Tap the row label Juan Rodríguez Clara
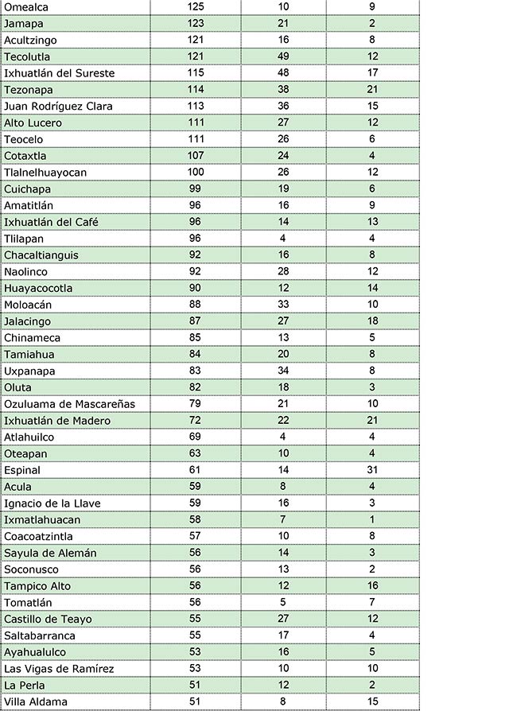58,106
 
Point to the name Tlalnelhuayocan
45,172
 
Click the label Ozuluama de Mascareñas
69,404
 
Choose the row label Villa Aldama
36,701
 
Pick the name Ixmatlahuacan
42,520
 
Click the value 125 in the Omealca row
196,6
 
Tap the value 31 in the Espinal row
372,470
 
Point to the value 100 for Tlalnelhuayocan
196,172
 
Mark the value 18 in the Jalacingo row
372,321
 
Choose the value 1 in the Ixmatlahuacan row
372,520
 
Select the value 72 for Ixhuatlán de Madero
196,421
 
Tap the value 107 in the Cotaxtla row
196,156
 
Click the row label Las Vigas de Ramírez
59,669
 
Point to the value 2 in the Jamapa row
372,23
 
